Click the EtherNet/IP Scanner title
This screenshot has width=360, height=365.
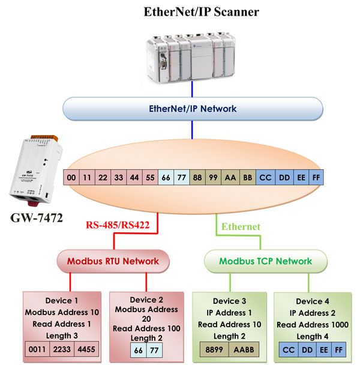(x=201, y=12)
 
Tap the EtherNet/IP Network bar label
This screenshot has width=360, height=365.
(x=193, y=109)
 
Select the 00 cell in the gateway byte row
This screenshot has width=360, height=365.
(x=71, y=178)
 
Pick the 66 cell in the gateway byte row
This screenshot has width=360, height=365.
(x=166, y=178)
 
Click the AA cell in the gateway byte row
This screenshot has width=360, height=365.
(x=230, y=178)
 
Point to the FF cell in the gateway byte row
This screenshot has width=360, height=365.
(x=316, y=178)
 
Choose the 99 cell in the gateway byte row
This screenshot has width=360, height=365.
(x=213, y=178)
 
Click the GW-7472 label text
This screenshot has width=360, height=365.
(x=37, y=218)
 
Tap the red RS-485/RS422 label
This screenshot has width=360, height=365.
(x=118, y=225)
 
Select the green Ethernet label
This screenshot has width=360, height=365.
(x=241, y=226)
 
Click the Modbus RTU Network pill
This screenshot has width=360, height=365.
(x=113, y=261)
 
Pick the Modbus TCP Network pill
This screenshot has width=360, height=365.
(x=266, y=261)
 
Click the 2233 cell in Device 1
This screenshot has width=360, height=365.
(x=62, y=349)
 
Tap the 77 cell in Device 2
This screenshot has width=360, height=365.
(x=154, y=351)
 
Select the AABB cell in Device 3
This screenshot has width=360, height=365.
(x=244, y=349)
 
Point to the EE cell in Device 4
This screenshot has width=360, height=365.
(x=323, y=350)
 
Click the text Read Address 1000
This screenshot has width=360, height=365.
(x=313, y=325)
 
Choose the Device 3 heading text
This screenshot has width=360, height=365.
(x=229, y=301)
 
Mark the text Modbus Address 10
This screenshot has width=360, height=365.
(x=62, y=312)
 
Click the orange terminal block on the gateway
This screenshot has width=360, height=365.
(x=44, y=137)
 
